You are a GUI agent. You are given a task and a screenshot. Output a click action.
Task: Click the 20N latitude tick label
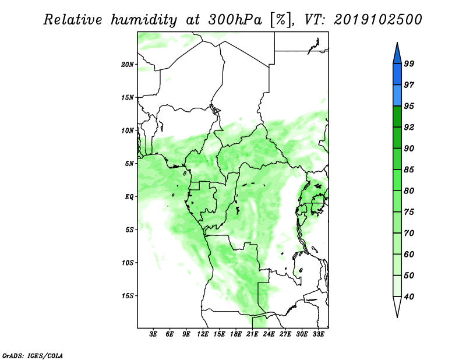pyautogui.click(x=128, y=65)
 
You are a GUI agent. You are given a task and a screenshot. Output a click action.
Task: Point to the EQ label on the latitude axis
pyautogui.click(x=129, y=197)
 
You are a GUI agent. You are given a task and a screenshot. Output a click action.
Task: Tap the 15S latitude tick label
pyautogui.click(x=128, y=296)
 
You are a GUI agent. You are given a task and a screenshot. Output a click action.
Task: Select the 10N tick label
pyautogui.click(x=128, y=130)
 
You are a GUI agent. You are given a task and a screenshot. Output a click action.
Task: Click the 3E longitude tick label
pyautogui.click(x=153, y=334)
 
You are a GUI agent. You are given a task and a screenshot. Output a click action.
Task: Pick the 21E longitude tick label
pyautogui.click(x=252, y=334)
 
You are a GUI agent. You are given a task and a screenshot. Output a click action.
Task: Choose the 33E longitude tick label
pyautogui.click(x=318, y=334)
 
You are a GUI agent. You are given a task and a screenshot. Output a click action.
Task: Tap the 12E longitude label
pyautogui.click(x=203, y=334)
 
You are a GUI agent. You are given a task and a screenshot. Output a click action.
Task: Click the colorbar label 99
pyautogui.click(x=409, y=63)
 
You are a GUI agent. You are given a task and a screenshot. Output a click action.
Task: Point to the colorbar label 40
pyautogui.click(x=409, y=297)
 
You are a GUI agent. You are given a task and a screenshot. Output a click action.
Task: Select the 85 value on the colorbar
pyautogui.click(x=409, y=170)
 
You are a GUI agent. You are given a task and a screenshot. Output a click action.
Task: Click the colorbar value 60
pyautogui.click(x=409, y=254)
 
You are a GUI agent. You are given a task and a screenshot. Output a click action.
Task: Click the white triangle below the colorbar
pyautogui.click(x=397, y=306)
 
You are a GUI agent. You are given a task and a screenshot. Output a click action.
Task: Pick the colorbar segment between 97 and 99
pyautogui.click(x=397, y=75)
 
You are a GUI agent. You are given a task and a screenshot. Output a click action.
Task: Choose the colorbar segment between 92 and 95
pyautogui.click(x=397, y=117)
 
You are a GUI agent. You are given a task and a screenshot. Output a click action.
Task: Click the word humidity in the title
pyautogui.click(x=144, y=20)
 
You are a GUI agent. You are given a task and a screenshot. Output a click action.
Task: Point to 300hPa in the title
pyautogui.click(x=235, y=20)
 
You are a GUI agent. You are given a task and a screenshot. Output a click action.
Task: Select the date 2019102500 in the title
pyautogui.click(x=378, y=20)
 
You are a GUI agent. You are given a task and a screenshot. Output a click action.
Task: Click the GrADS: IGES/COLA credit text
pyautogui.click(x=33, y=355)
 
